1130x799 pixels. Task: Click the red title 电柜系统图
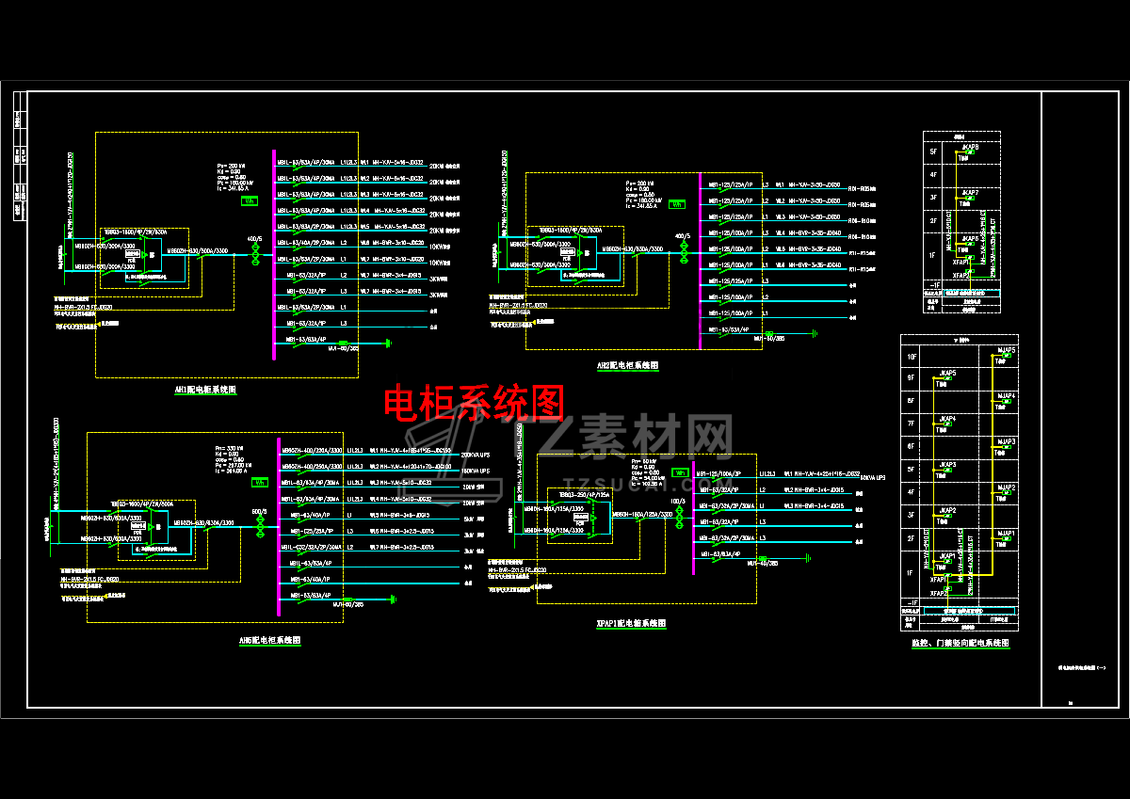click(474, 403)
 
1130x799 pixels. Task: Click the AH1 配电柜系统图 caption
click(205, 389)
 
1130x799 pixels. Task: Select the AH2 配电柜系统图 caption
click(627, 365)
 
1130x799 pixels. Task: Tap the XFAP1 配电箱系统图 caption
click(631, 623)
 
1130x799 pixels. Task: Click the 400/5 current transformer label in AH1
click(253, 239)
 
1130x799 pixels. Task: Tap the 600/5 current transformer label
click(259, 512)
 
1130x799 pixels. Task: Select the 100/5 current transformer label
click(677, 501)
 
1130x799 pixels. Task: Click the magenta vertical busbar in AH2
click(700, 259)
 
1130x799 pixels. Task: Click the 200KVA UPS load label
click(476, 454)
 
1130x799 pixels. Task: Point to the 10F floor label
click(911, 358)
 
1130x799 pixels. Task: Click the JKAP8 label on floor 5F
click(970, 147)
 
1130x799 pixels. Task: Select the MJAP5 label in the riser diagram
click(1006, 350)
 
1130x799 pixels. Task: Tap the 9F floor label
click(911, 378)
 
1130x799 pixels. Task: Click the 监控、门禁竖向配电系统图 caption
click(960, 643)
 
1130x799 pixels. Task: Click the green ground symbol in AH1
click(388, 342)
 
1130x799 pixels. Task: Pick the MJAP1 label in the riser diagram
click(1006, 533)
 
